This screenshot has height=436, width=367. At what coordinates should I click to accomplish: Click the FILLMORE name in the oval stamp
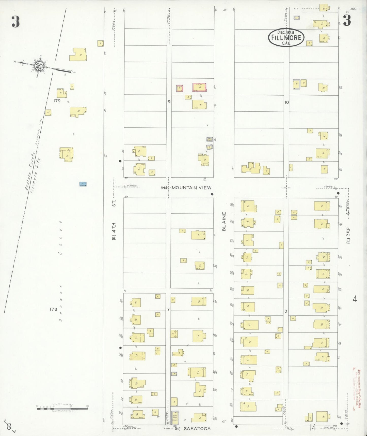[x=286, y=38]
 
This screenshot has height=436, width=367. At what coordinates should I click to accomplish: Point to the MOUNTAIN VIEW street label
[x=191, y=188]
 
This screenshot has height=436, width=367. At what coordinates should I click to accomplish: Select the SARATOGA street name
[x=197, y=429]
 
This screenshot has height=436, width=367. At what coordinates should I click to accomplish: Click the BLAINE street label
[x=224, y=222]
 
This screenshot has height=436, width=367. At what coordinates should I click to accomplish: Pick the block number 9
[x=169, y=102]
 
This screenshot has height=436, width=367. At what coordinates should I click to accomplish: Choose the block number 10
[x=287, y=102]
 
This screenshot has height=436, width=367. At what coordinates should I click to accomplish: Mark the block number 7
[x=168, y=309]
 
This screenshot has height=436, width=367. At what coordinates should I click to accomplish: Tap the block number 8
[x=286, y=311]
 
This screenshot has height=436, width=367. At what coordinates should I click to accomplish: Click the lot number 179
[x=57, y=101]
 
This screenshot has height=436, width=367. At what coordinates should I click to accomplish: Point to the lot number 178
[x=54, y=309]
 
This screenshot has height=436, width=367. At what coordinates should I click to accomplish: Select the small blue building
[x=83, y=184]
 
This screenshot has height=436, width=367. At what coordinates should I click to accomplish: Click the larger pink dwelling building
[x=199, y=87]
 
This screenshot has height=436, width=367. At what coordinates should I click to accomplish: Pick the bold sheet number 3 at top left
[x=15, y=22]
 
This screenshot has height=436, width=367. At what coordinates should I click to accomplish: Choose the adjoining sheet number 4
[x=355, y=299]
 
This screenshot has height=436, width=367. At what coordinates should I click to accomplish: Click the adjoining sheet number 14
[x=313, y=428]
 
